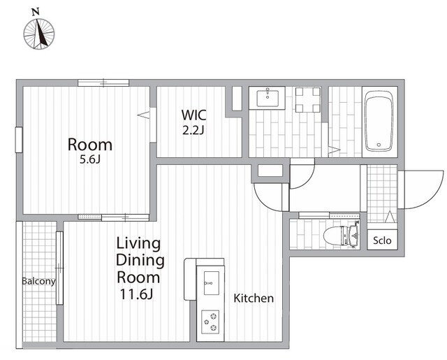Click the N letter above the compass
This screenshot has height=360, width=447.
click(36, 12)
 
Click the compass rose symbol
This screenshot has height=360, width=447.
click(39, 34)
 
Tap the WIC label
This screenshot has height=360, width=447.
click(194, 115)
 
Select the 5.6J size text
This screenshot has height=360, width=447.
click(90, 159)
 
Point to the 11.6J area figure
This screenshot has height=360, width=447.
click(137, 294)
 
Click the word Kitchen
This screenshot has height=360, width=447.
click(254, 298)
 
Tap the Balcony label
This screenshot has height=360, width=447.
click(39, 282)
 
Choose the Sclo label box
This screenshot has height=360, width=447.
click(382, 240)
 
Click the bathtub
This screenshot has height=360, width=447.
click(379, 121)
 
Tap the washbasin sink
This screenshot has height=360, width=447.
click(267, 98)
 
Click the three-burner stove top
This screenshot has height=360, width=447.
click(210, 322)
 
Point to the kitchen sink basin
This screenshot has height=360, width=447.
click(212, 283)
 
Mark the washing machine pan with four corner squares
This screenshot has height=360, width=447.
click(308, 100)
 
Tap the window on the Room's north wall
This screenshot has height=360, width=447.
click(103, 82)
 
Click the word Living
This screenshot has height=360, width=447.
click(138, 244)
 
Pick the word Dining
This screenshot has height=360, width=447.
click(140, 261)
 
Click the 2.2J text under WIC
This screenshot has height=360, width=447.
click(193, 130)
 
